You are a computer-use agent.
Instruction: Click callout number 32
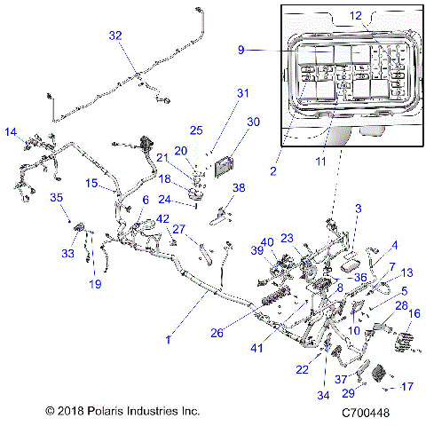tap(115, 35)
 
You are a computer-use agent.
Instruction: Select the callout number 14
tap(12, 133)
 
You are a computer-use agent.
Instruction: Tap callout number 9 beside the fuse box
tap(240, 51)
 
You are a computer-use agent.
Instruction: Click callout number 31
tap(243, 92)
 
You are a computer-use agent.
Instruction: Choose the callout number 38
tap(238, 188)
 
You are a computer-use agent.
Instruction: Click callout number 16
tap(414, 314)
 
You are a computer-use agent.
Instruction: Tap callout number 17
tap(408, 386)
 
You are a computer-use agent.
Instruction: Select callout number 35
tap(55, 198)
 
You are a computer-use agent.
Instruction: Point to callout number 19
tap(95, 284)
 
